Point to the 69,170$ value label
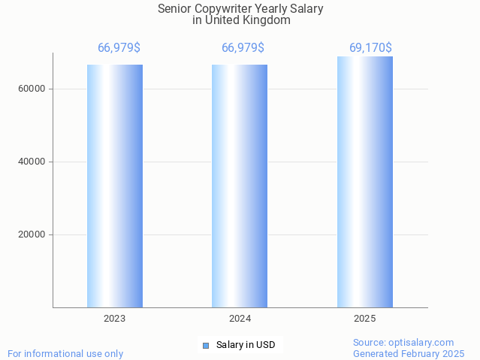tap(370, 48)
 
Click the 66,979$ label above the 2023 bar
tap(119, 48)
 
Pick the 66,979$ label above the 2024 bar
tap(243, 48)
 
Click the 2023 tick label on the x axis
tap(115, 319)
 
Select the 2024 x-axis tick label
tap(240, 319)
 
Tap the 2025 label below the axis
tap(365, 319)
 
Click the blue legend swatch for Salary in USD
tap(205, 346)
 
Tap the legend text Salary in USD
tap(246, 346)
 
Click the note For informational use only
tap(65, 354)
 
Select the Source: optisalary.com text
tap(403, 343)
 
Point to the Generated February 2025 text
tap(409, 354)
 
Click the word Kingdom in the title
tap(267, 20)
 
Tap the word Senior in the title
tap(174, 9)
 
